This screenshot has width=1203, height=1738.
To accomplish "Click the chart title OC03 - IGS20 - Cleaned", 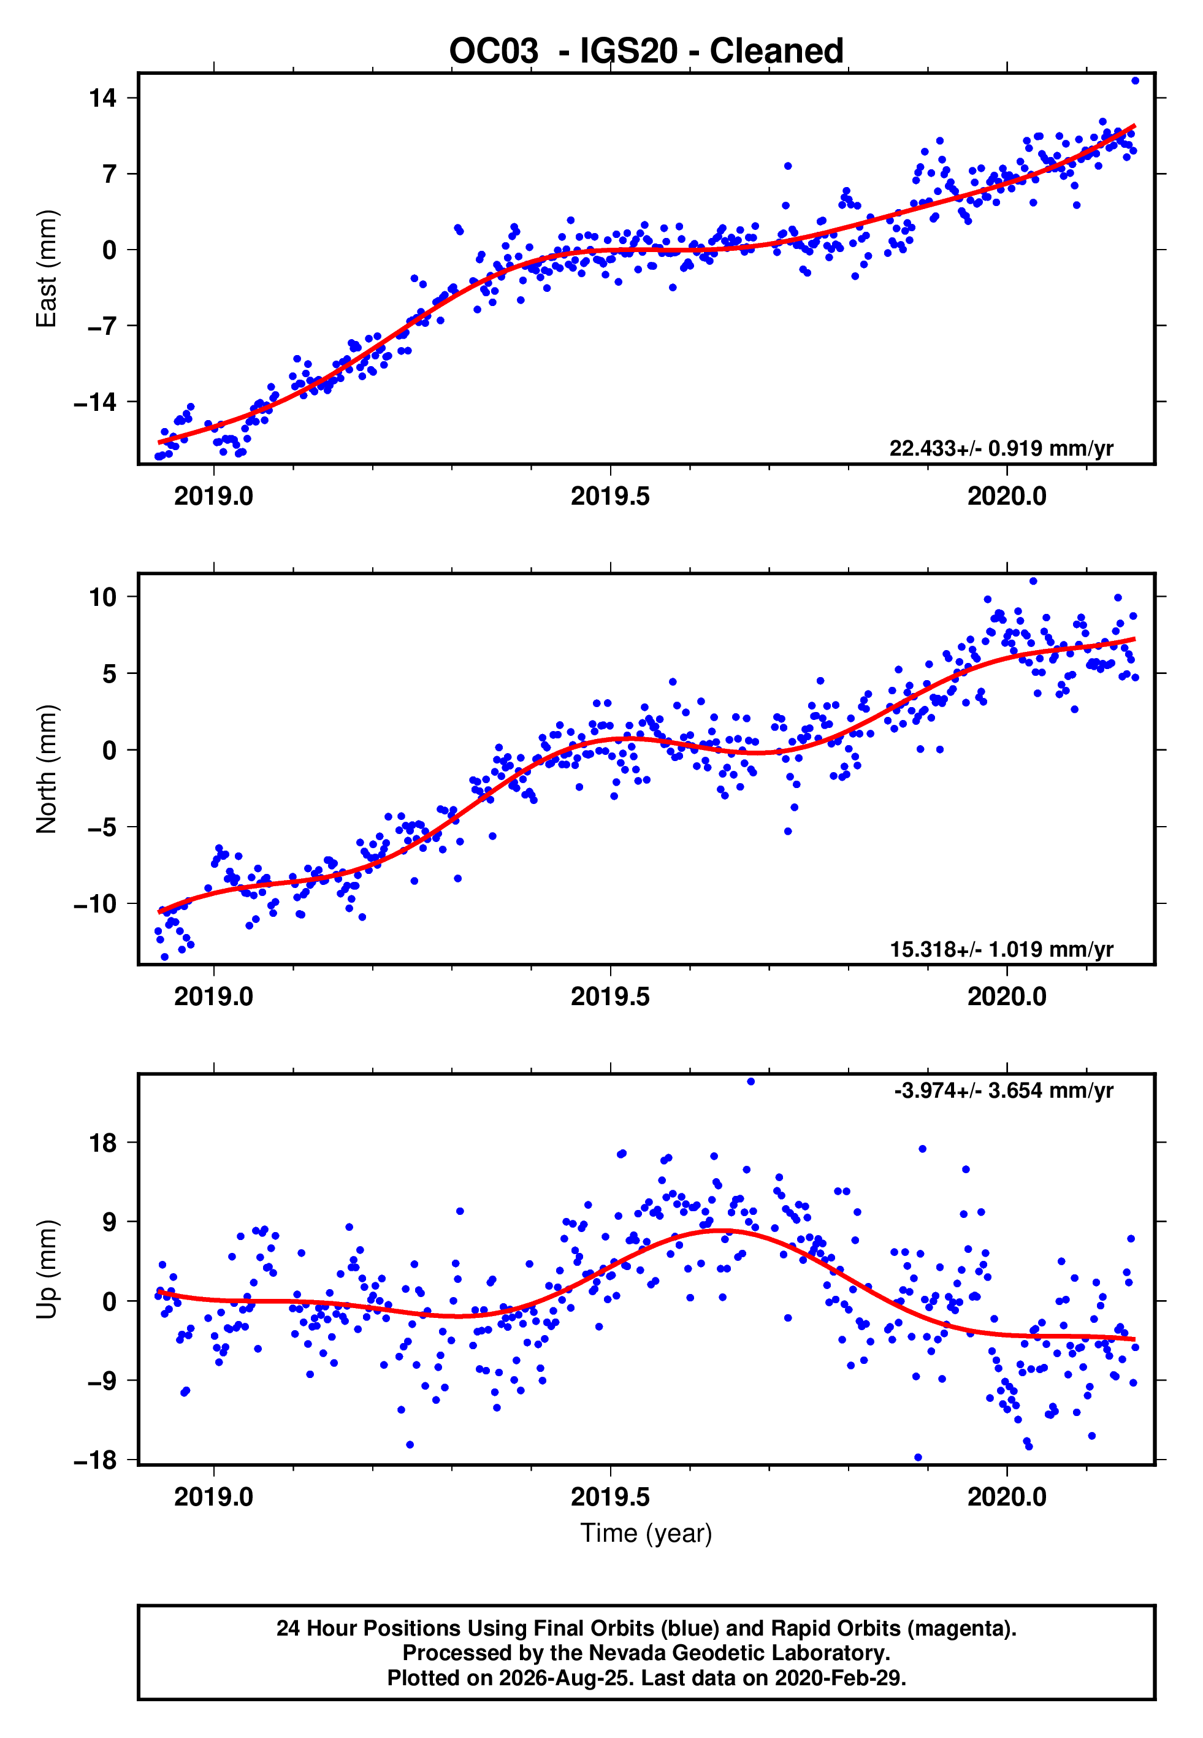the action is coord(646,52).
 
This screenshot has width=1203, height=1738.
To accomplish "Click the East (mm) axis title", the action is coord(47,269).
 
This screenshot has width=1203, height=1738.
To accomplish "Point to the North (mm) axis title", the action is coord(47,770).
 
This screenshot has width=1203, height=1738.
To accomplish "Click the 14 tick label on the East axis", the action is coord(102,98).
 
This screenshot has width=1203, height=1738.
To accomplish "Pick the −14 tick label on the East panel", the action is coord(95,402).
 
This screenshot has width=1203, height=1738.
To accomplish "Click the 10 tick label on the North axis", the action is coord(102,597).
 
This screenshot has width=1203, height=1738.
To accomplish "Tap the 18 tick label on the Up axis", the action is coord(102,1143).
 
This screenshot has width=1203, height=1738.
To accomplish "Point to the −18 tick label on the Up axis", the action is coord(95,1460).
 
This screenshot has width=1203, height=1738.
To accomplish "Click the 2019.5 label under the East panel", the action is coord(610,496).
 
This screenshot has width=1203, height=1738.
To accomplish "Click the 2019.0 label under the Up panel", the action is coord(213,1496).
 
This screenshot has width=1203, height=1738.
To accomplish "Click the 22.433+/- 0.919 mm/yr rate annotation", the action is coord(1001,448).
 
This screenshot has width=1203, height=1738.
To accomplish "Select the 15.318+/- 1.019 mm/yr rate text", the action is coord(1001,949).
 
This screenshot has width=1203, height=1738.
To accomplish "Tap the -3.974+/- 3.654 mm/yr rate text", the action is coord(1003,1090).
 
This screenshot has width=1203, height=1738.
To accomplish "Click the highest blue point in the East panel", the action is coord(1135,80).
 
